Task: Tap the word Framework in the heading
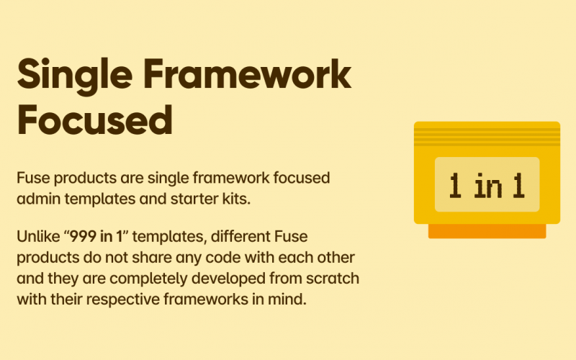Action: tap(248, 76)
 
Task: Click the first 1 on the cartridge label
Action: tap(455, 186)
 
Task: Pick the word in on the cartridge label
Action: tap(487, 186)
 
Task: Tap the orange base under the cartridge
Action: tap(487, 231)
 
